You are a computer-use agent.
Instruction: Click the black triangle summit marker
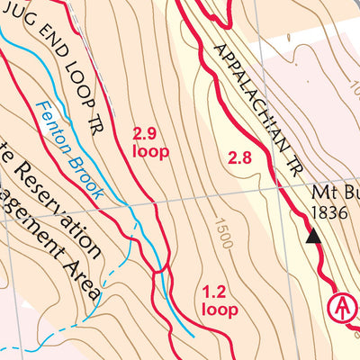pyautogui.click(x=313, y=236)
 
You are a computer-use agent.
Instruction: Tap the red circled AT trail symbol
pyautogui.click(x=341, y=306)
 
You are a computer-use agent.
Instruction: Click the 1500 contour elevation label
pyautogui.click(x=223, y=232)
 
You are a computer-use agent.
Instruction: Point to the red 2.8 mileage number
pyautogui.click(x=240, y=158)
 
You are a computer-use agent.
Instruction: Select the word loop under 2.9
pyautogui.click(x=150, y=152)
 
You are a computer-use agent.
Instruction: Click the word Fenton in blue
pyautogui.click(x=54, y=124)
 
